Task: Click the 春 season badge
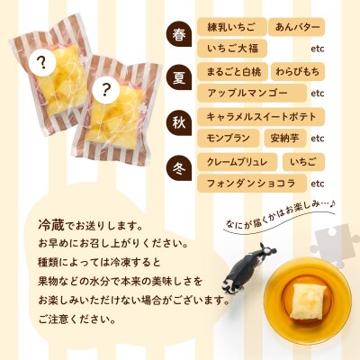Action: coord(179,35)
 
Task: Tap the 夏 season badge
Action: coord(179,79)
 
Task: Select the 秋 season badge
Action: coord(179,124)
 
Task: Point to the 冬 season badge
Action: coord(179,168)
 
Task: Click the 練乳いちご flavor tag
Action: coord(231,27)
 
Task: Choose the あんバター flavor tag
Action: coord(296,27)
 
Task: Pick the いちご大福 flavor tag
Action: coord(232,48)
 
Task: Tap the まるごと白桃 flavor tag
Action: coord(232,72)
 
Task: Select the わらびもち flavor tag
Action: coord(298,72)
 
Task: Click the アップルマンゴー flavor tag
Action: coord(252,93)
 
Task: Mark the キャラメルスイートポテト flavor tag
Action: coord(261,117)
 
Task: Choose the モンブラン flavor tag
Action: coord(228,138)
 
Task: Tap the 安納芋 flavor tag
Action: coord(285,138)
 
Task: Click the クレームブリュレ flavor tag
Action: coord(237,162)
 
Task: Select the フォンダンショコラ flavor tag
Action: coord(252,184)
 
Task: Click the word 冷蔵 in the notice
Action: coord(51,225)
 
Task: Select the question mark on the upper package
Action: coord(41,62)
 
